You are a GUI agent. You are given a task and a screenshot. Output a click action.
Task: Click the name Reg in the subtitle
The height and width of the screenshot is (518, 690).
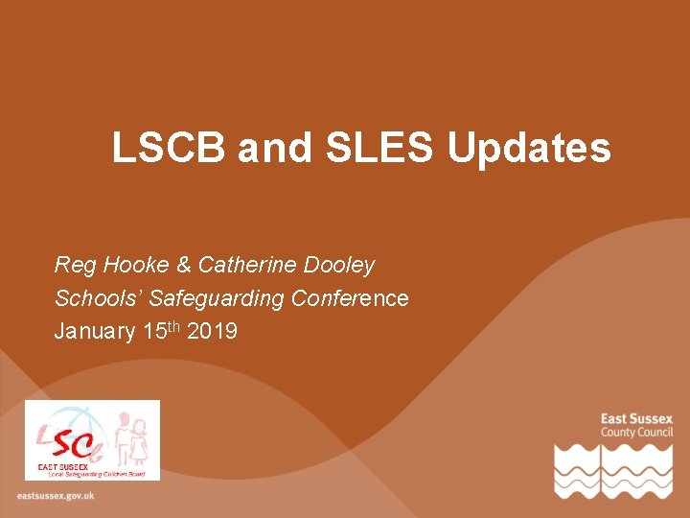(x=74, y=266)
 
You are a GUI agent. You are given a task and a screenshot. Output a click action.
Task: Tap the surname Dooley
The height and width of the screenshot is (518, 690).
(x=339, y=266)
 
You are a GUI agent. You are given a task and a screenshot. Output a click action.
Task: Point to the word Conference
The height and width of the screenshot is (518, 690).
(x=350, y=298)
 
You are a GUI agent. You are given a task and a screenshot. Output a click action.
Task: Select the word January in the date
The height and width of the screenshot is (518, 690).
(x=95, y=332)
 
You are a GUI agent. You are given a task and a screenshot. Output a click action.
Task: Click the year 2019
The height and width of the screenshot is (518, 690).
(x=213, y=332)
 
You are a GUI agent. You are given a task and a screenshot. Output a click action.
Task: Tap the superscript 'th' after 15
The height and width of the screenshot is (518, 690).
(x=173, y=326)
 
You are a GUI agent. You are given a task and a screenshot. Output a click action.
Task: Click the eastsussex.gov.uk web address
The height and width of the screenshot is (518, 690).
(x=56, y=496)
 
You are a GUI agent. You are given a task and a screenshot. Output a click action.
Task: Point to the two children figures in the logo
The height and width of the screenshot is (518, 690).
(x=130, y=439)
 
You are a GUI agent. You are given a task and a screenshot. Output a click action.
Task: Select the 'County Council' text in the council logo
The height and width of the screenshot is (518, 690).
(x=636, y=433)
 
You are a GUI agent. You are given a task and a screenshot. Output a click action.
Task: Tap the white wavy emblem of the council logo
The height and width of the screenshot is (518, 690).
(x=613, y=471)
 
